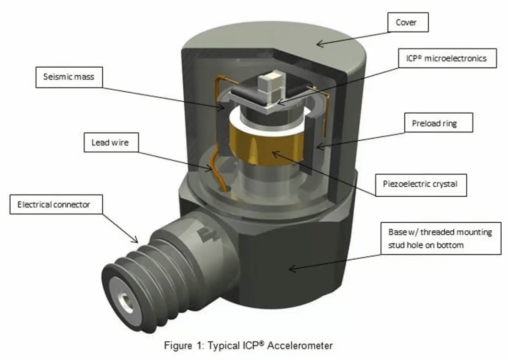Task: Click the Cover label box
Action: (407, 23)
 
